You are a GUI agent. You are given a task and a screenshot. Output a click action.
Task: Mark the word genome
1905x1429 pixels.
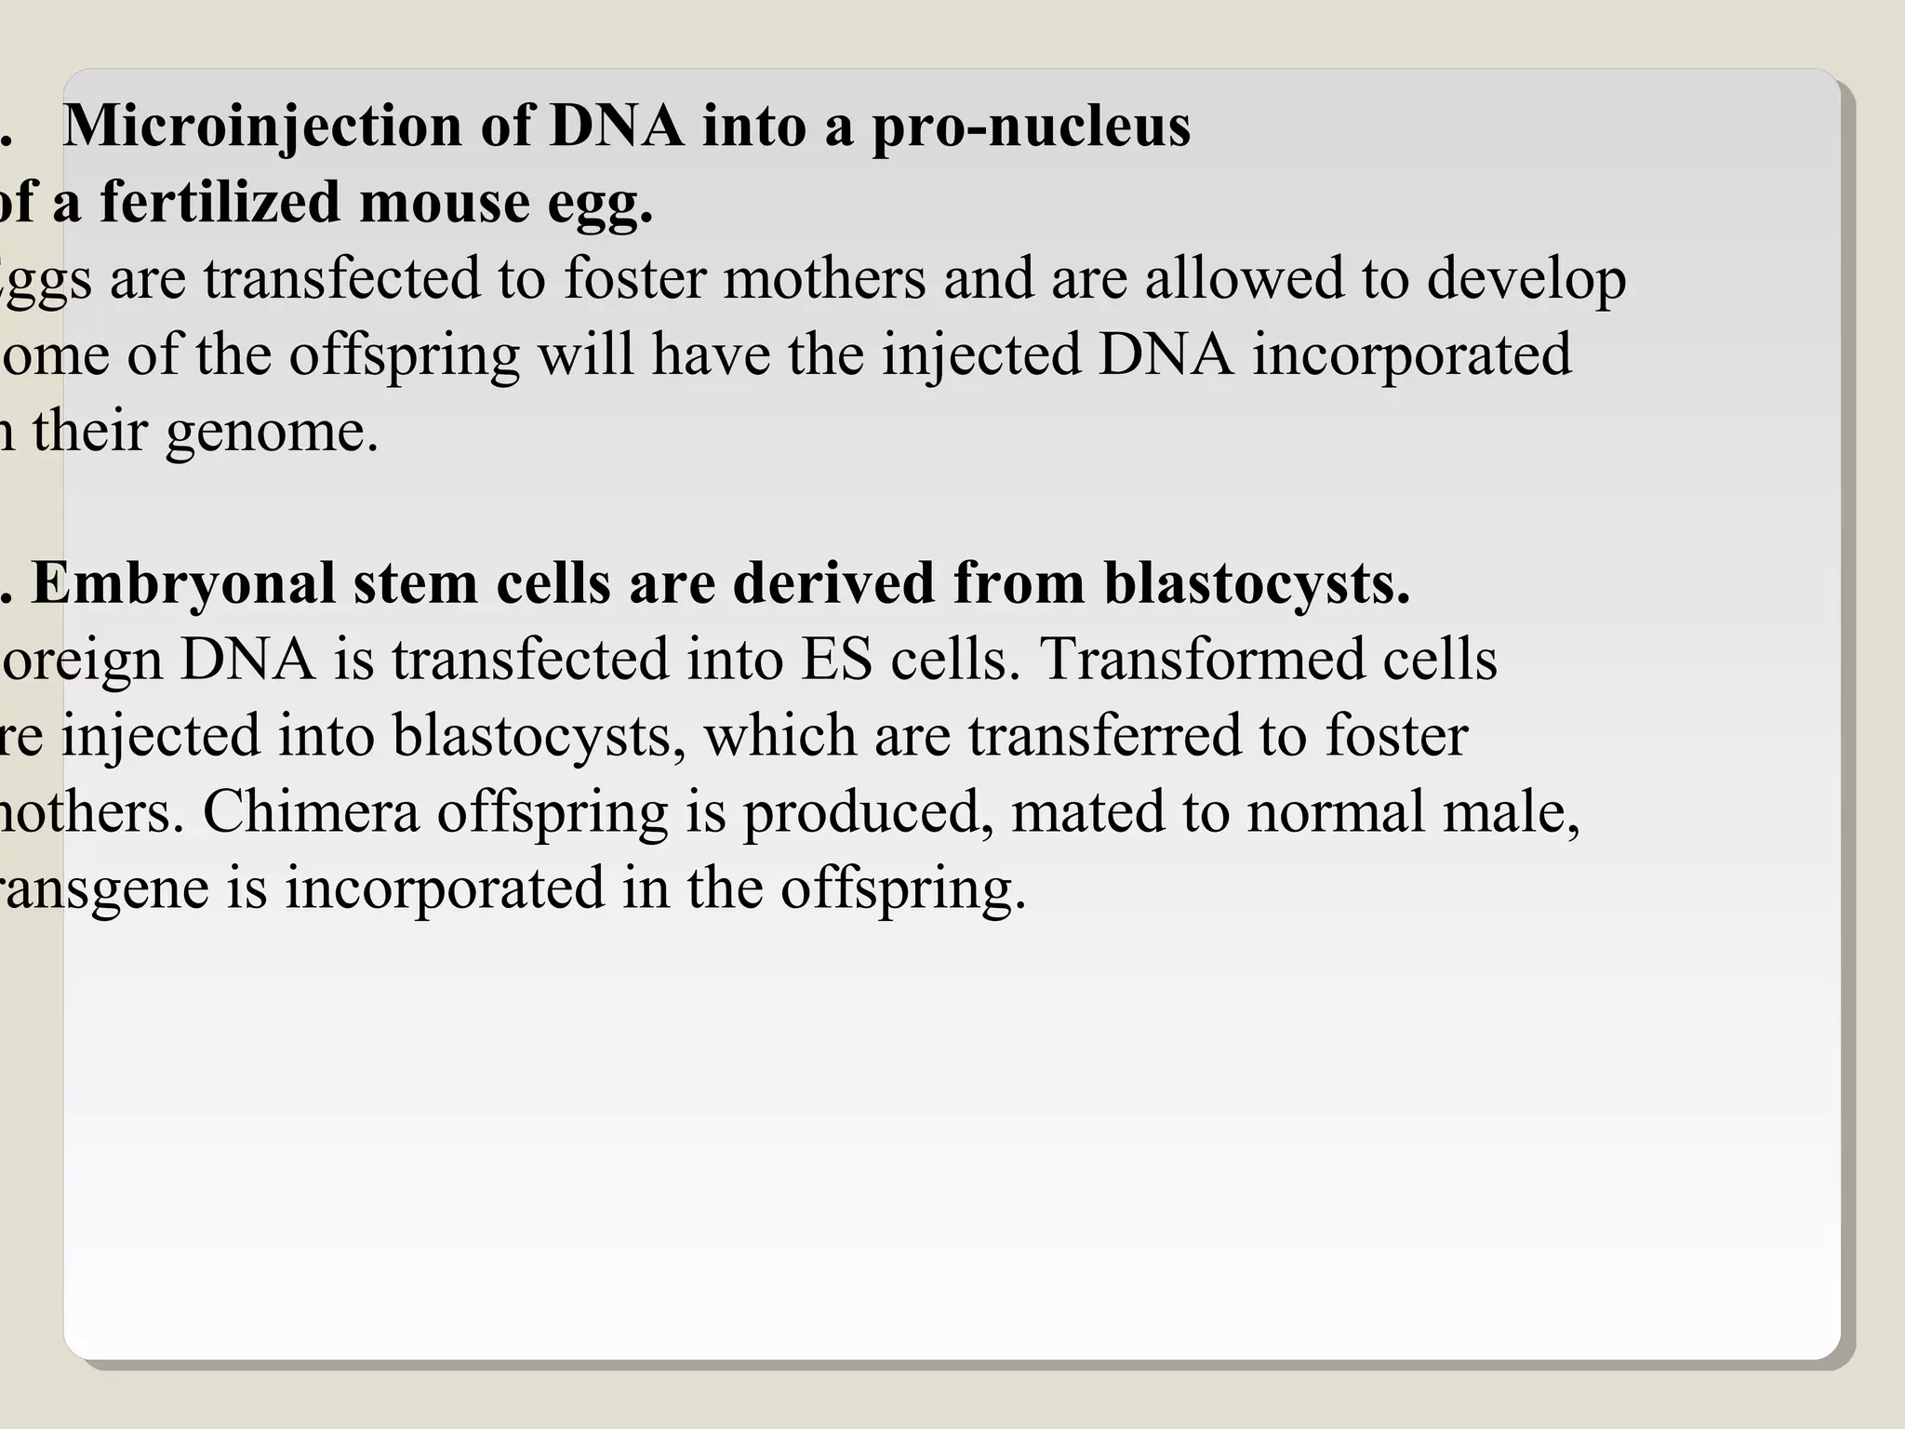[272, 433]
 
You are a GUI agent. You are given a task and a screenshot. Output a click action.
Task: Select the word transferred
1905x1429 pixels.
[1105, 736]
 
